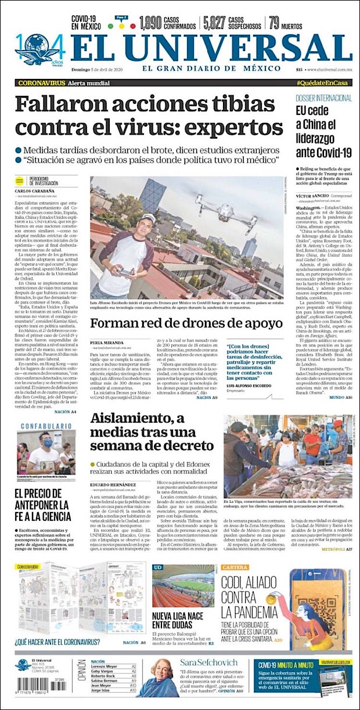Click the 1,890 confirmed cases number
[x=150, y=23]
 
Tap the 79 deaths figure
[x=275, y=23]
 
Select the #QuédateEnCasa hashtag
[x=323, y=83]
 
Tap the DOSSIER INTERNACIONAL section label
[x=323, y=98]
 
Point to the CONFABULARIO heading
[x=46, y=426]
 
